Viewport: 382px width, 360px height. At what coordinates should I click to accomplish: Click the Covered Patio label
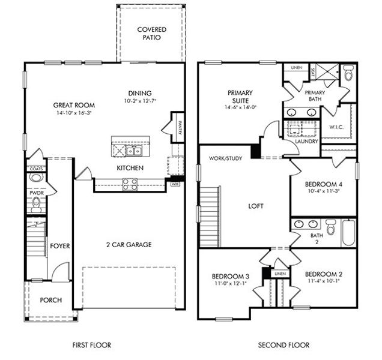151,33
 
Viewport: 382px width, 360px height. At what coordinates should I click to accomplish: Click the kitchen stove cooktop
130,184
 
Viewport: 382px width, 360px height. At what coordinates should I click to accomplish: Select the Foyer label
59,245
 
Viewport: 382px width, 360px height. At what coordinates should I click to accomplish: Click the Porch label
51,300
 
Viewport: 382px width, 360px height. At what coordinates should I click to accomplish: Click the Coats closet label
35,170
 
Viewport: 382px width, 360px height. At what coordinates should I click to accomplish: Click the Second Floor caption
283,345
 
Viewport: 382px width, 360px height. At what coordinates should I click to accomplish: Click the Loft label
255,206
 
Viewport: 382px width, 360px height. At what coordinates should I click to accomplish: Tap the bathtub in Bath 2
348,232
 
